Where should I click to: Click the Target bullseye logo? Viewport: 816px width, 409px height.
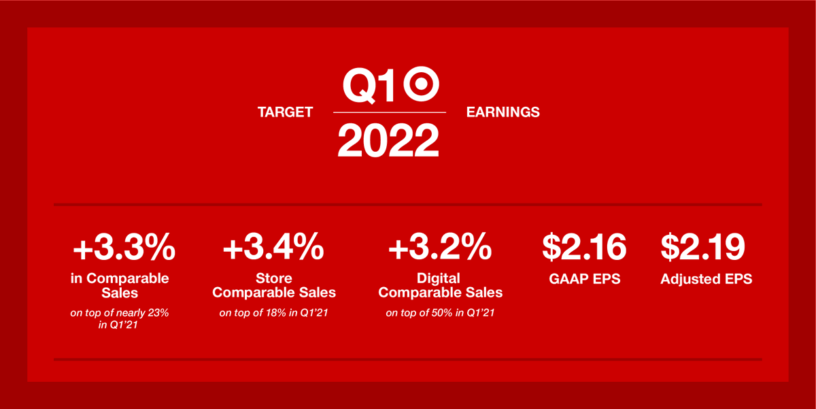click(x=422, y=84)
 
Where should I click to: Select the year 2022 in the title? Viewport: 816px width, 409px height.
click(x=389, y=140)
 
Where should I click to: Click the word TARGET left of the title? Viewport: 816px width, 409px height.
click(x=285, y=112)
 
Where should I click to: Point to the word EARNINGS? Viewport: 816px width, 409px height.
click(x=503, y=112)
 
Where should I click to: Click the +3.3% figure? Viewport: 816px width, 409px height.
click(x=124, y=248)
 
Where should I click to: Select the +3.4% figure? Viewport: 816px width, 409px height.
click(x=273, y=248)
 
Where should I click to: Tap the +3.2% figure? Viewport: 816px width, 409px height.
click(x=440, y=248)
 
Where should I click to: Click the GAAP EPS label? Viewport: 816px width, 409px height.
click(x=584, y=278)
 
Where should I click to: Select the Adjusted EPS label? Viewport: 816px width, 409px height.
click(x=706, y=278)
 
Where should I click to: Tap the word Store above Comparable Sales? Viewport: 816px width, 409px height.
click(x=274, y=278)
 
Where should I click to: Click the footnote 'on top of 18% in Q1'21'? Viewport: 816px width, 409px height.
click(x=274, y=313)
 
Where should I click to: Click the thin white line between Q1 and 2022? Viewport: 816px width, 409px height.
click(x=389, y=112)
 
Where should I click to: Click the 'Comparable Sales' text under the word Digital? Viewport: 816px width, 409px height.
click(x=440, y=293)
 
